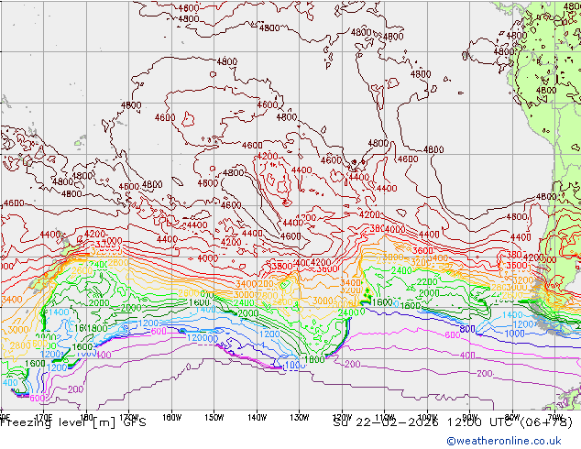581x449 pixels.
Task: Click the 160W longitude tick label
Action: click(170, 414)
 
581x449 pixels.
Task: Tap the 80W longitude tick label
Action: click(511, 414)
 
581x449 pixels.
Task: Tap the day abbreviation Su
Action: click(340, 422)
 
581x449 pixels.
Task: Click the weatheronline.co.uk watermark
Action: click(507, 441)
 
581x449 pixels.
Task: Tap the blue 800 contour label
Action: click(467, 329)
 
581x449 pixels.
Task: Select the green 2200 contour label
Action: click(428, 282)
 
